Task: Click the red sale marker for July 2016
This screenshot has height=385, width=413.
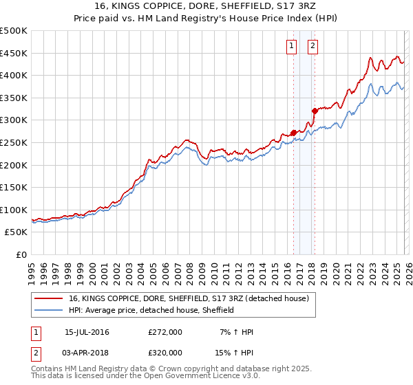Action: click(x=293, y=133)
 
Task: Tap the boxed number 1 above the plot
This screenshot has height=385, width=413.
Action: click(x=291, y=46)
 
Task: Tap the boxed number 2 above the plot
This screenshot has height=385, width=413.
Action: click(x=313, y=46)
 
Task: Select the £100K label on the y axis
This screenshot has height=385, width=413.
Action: click(x=14, y=210)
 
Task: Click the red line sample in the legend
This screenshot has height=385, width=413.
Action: click(x=50, y=298)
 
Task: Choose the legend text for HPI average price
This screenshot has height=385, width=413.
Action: click(x=151, y=310)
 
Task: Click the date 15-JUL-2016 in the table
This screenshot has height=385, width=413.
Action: click(x=87, y=332)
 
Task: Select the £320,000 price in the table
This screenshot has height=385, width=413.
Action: click(x=165, y=352)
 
